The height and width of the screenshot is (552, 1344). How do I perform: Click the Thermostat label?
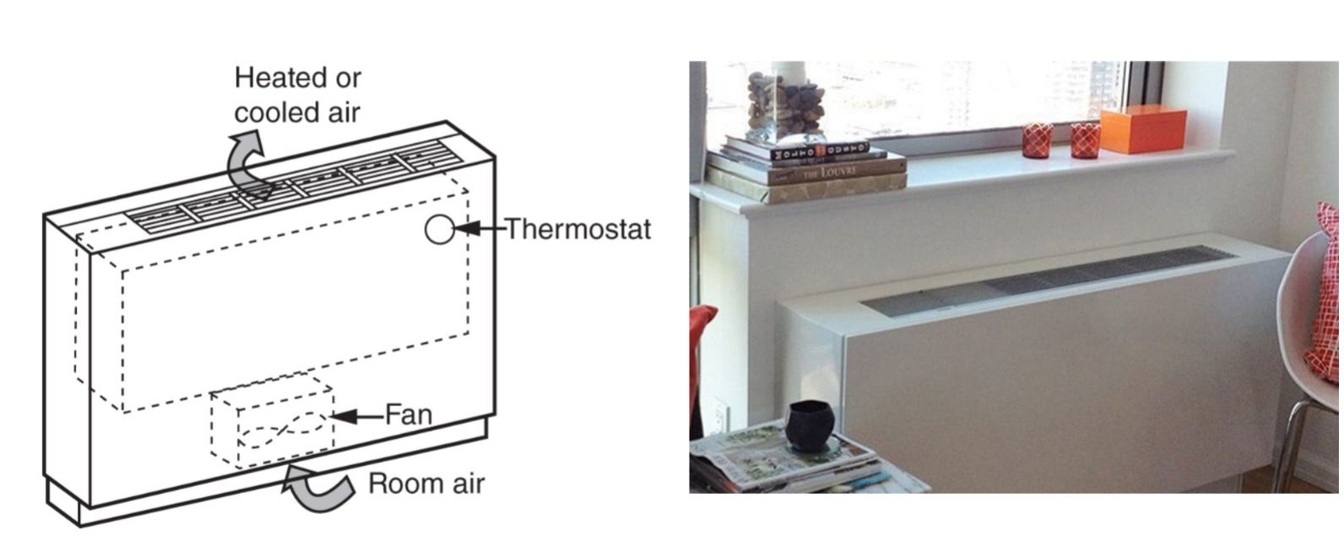click(x=578, y=229)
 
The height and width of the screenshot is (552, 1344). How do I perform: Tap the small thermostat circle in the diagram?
click(x=439, y=230)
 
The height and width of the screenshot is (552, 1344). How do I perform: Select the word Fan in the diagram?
click(x=409, y=414)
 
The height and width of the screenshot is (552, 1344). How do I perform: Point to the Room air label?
click(x=426, y=484)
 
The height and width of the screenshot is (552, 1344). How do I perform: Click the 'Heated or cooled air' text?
click(x=297, y=95)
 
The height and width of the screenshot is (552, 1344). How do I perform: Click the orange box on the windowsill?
click(x=1143, y=131)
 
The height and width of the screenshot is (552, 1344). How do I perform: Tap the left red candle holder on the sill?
click(x=1037, y=140)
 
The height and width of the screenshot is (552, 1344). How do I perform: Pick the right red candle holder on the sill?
click(x=1085, y=140)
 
